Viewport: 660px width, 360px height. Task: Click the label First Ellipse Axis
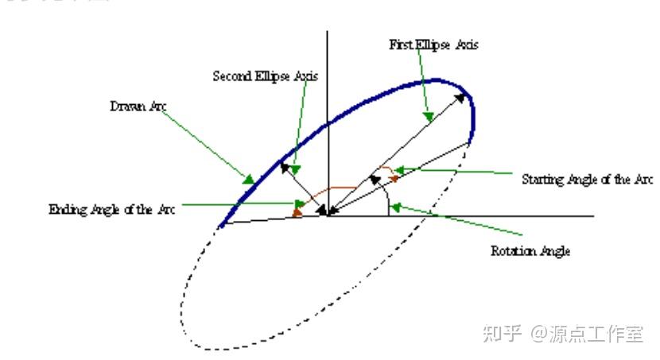433,45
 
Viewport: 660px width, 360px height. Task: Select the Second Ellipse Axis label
266,77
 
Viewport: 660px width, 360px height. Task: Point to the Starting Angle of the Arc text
587,180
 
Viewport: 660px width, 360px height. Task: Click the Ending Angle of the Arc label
111,210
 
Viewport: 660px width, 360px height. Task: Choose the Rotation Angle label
530,251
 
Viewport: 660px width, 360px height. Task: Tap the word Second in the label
229,77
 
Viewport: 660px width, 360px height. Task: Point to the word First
400,45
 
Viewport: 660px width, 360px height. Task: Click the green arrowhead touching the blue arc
249,180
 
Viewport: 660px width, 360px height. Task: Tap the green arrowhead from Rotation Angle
395,207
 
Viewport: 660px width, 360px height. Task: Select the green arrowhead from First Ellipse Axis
428,117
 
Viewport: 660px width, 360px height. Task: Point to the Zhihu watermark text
562,334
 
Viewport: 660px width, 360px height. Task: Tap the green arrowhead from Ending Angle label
297,206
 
